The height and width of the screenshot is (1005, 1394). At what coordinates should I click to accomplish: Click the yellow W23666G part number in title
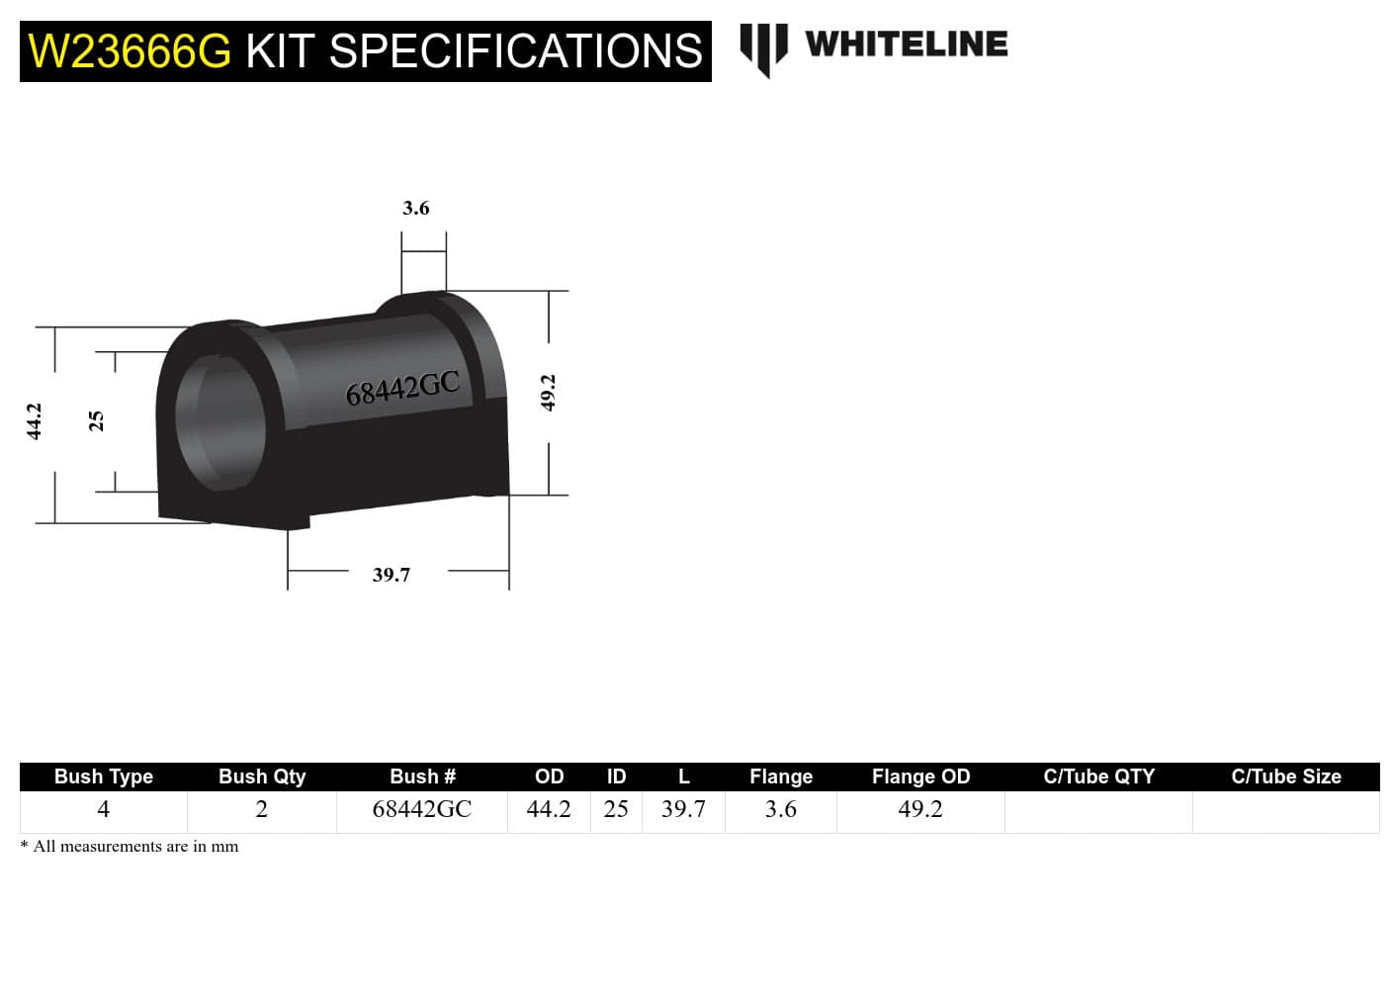[130, 51]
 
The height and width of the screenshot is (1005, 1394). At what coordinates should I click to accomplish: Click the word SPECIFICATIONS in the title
[514, 51]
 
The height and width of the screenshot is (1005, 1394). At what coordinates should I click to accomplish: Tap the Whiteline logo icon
[763, 47]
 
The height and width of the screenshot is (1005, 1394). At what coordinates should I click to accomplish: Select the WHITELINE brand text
[906, 45]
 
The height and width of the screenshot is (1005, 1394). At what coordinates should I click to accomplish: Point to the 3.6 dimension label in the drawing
[416, 208]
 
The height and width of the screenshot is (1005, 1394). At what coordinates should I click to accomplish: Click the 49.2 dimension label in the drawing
[549, 393]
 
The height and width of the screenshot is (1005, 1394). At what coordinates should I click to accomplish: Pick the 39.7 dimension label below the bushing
[392, 575]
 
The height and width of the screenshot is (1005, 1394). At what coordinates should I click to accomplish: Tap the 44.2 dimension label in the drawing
[35, 421]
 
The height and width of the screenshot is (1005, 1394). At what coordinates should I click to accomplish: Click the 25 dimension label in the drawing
[97, 421]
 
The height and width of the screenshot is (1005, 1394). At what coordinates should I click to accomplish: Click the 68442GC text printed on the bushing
[402, 388]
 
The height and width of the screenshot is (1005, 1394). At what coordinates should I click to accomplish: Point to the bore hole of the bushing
[219, 419]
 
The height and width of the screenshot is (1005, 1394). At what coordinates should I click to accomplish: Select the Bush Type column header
[104, 777]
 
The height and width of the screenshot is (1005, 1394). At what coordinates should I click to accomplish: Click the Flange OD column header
[920, 777]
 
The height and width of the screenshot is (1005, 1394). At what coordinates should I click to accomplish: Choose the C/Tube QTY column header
[1098, 777]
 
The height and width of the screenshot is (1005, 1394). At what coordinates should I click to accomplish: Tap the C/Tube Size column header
[1285, 777]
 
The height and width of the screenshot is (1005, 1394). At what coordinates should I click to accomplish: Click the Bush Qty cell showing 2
[262, 809]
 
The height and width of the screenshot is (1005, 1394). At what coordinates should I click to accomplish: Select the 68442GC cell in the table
[422, 809]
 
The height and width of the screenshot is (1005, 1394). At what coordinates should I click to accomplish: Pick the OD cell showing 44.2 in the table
[549, 809]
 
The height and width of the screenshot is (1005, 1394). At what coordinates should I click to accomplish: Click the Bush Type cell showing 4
[104, 809]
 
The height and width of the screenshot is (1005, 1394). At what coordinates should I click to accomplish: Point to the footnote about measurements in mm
[130, 847]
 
